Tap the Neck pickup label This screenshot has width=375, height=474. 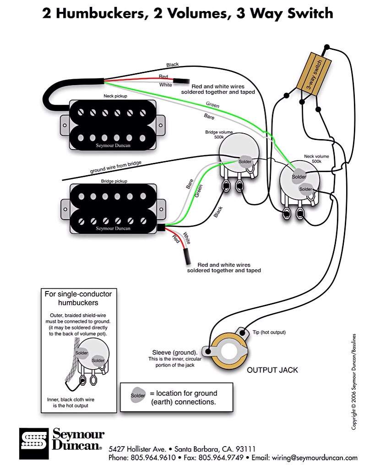pos(115,97)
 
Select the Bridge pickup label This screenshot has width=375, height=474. pos(114,181)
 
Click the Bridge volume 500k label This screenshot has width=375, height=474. pos(218,135)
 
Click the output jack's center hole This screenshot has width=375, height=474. pos(229,353)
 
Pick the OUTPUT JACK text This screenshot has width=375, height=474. pos(272,370)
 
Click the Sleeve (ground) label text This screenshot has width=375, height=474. pos(175,353)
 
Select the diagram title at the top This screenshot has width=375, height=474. pos(188,14)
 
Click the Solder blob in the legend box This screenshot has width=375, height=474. pos(138,395)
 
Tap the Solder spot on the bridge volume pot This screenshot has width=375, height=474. pos(245,162)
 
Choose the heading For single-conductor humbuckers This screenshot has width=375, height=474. pos(78,298)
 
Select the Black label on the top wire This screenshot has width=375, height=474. pos(173,65)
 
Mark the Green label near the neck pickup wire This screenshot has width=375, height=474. pos(212,105)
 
